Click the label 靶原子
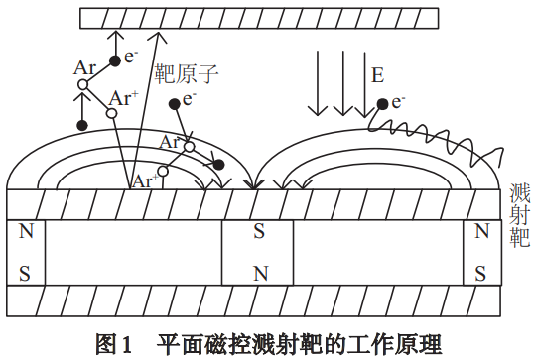pos(186,73)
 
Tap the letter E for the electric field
pos(377,76)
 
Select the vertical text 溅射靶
pos(518,213)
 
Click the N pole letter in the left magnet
pos(26,232)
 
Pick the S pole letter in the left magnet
pos(26,271)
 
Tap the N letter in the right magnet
pos(481,232)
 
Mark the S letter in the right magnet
pos(481,271)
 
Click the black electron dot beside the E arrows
pos(381,102)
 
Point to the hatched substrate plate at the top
pos(268,17)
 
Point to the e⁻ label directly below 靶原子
pos(190,99)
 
